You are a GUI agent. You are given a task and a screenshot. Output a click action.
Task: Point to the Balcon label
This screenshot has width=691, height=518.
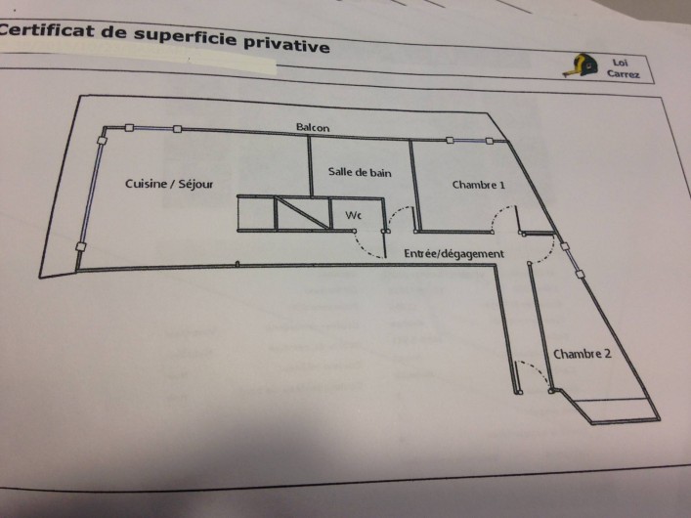click(x=313, y=128)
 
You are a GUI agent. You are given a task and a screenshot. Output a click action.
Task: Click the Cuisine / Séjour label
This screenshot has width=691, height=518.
click(x=169, y=184)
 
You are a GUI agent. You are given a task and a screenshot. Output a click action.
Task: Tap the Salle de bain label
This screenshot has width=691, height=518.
click(x=360, y=172)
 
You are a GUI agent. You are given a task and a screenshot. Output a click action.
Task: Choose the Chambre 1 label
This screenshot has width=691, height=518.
click(x=479, y=185)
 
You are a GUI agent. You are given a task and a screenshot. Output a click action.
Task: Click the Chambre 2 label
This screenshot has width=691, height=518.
click(x=583, y=354)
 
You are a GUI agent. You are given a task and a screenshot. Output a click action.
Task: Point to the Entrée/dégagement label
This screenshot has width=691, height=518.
click(x=453, y=254)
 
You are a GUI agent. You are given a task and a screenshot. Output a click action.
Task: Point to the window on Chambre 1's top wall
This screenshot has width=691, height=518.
click(x=468, y=141)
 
